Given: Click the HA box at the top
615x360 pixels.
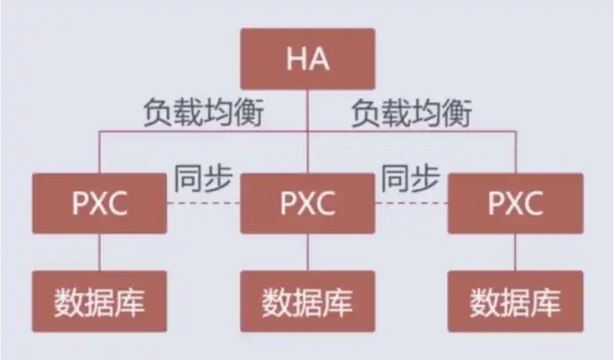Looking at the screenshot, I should [307, 59].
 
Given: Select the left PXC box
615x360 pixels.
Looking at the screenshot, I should [99, 203].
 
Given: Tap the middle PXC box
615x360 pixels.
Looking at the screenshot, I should [307, 203].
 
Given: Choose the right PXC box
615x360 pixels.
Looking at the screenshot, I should [515, 203].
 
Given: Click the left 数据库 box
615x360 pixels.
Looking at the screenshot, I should [99, 301].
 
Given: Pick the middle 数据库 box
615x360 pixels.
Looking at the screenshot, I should [307, 301].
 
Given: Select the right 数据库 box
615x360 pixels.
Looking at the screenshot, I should [515, 301].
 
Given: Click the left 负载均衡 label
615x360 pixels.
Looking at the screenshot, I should [203, 114].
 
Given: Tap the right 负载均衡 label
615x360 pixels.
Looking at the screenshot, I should [412, 114].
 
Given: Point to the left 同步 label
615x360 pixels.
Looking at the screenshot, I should [203, 179].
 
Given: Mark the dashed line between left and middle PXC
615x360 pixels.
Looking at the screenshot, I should [203, 203].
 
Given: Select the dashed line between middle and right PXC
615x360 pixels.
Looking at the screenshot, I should [412, 203].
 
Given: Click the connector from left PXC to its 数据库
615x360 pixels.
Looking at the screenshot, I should [99, 252].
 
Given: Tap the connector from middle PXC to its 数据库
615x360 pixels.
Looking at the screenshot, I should [307, 252].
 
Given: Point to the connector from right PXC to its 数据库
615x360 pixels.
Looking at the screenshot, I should [515, 252].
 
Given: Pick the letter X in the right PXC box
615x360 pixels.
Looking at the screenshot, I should [515, 203].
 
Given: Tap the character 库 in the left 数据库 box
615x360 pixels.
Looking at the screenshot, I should [130, 301].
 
